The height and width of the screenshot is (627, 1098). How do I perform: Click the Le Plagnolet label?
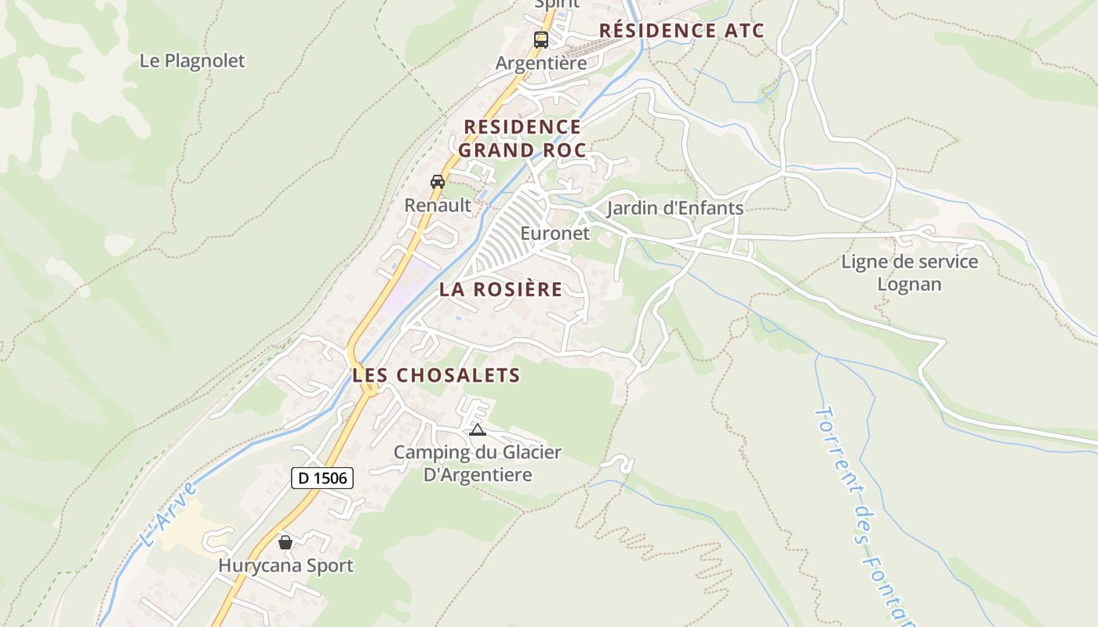click(x=192, y=60)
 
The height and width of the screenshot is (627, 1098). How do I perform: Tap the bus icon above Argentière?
click(x=540, y=39)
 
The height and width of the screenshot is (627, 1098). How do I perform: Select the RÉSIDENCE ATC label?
click(x=682, y=31)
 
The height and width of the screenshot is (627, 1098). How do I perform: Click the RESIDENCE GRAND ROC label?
click(x=522, y=138)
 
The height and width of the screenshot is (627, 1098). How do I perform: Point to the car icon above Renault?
click(x=438, y=182)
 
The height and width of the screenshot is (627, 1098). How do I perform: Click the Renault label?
click(x=438, y=205)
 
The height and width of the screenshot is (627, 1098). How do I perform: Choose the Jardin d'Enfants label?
click(x=674, y=208)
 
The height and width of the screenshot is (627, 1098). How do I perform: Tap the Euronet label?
click(x=554, y=234)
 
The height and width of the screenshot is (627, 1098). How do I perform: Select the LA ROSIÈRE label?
click(x=500, y=289)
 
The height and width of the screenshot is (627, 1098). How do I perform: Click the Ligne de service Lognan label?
click(x=910, y=273)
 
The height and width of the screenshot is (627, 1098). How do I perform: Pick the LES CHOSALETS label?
click(x=436, y=375)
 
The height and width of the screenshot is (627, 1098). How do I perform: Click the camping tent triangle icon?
click(x=477, y=429)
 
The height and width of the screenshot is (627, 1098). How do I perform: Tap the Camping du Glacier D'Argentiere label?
click(x=478, y=463)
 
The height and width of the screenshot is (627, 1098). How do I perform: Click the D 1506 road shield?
click(x=322, y=477)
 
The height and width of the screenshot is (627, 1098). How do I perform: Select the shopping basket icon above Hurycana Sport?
click(x=285, y=542)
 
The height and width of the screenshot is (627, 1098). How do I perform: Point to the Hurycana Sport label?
click(x=285, y=566)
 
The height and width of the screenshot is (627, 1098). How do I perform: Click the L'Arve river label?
click(x=166, y=515)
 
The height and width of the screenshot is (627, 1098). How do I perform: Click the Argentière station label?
click(x=541, y=63)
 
